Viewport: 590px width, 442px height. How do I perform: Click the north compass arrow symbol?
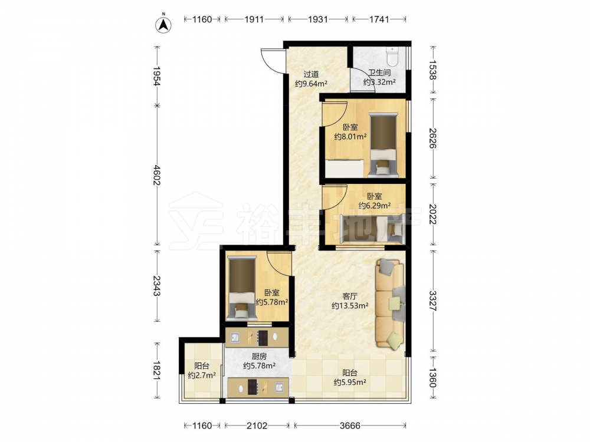coord(163,24)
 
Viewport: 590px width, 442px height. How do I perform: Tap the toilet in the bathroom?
coord(392,55)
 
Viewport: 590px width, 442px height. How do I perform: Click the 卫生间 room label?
coord(379,72)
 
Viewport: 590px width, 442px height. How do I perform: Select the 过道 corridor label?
coord(311,74)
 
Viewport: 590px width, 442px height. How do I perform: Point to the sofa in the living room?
coord(390,304)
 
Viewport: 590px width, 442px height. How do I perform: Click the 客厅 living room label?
coord(349,296)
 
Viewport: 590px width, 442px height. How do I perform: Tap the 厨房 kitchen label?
coord(259,356)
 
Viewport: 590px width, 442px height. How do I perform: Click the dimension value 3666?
coord(350,426)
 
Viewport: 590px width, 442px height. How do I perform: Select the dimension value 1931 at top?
coord(318,19)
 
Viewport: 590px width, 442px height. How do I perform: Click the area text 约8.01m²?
coord(350,137)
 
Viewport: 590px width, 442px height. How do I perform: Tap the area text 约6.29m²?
coord(375,206)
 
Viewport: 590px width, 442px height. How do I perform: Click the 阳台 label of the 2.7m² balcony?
coord(202,366)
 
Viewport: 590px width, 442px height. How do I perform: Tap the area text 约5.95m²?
coord(350,382)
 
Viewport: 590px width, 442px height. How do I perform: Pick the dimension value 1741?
coord(379,19)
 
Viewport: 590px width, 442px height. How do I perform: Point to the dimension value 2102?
coord(257,426)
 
